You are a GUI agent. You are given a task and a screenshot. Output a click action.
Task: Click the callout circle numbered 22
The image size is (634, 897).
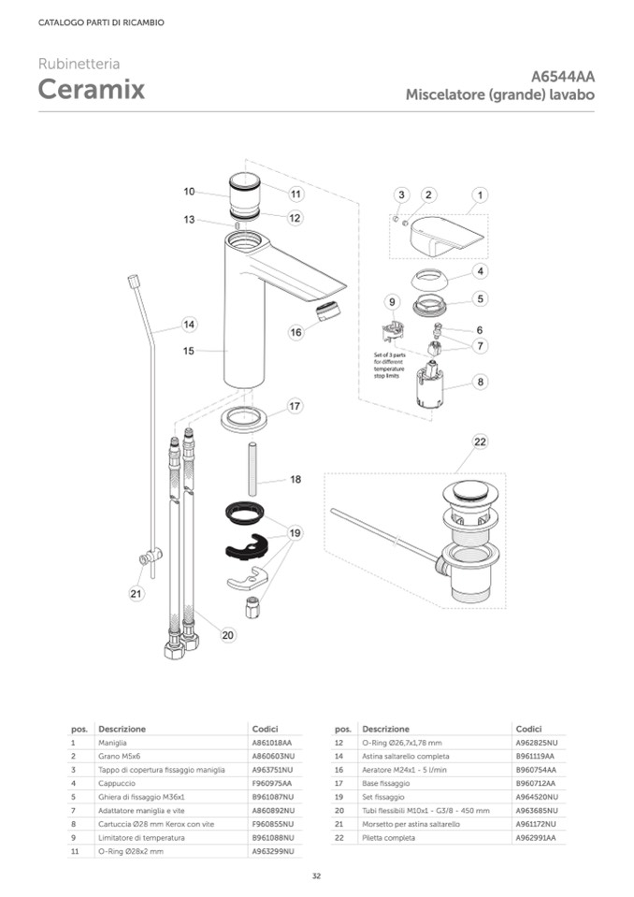(x=480, y=441)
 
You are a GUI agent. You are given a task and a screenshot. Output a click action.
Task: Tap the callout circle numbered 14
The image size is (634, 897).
(x=189, y=325)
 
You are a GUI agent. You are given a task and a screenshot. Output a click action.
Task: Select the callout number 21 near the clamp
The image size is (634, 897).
(x=137, y=593)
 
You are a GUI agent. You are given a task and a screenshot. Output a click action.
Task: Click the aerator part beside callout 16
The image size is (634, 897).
(x=328, y=311)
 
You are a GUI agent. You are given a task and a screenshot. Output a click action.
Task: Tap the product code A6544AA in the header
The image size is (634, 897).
(x=563, y=77)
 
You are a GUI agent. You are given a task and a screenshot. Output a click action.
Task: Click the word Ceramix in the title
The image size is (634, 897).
(x=92, y=90)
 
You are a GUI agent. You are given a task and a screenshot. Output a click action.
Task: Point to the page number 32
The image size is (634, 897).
(x=317, y=876)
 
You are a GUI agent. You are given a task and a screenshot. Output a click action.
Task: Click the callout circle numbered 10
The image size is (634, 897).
(x=189, y=192)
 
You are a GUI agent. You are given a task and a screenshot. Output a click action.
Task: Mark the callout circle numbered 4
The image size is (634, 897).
(x=480, y=271)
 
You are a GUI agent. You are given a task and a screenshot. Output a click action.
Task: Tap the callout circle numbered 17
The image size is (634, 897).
(x=295, y=407)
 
